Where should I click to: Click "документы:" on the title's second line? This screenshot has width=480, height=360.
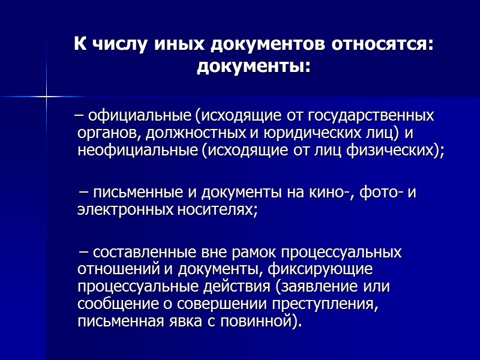(x=254, y=65)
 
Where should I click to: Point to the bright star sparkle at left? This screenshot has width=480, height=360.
(x=46, y=95)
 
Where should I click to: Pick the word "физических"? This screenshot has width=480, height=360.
(x=394, y=150)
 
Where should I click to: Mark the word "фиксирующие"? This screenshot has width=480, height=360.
(x=316, y=269)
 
